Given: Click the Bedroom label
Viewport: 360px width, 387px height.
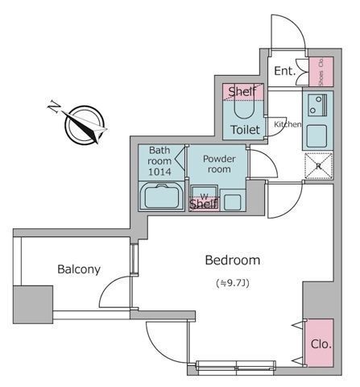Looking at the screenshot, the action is click(x=233, y=260).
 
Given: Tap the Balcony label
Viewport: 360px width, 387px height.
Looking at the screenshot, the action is click(x=79, y=269).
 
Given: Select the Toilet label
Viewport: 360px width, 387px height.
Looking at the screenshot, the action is click(x=246, y=130).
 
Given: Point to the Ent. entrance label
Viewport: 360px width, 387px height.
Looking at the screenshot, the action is click(x=285, y=71).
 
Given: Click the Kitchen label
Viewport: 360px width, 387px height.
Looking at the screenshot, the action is click(x=288, y=124).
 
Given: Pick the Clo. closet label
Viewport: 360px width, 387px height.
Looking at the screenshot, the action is click(x=321, y=344).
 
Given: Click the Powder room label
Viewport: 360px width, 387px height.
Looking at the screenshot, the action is click(x=219, y=164).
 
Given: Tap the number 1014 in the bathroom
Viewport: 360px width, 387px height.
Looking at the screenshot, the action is click(x=159, y=172).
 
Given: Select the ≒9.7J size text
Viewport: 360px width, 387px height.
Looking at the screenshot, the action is click(x=233, y=283).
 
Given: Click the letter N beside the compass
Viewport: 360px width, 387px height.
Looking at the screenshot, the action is click(x=55, y=106).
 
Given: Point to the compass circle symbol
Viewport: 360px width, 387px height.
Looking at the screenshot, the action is click(x=85, y=124).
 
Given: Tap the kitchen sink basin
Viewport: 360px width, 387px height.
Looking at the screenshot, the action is click(x=317, y=135).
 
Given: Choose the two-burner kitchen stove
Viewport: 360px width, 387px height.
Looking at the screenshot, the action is click(x=317, y=105).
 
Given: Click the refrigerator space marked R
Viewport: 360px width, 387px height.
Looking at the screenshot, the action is click(x=319, y=166).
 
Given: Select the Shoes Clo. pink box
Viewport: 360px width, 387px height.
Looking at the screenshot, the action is click(x=321, y=72).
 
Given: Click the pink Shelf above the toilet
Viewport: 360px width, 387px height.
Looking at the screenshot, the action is click(x=242, y=92).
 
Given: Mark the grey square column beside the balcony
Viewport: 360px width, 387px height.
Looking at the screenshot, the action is click(x=33, y=304).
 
